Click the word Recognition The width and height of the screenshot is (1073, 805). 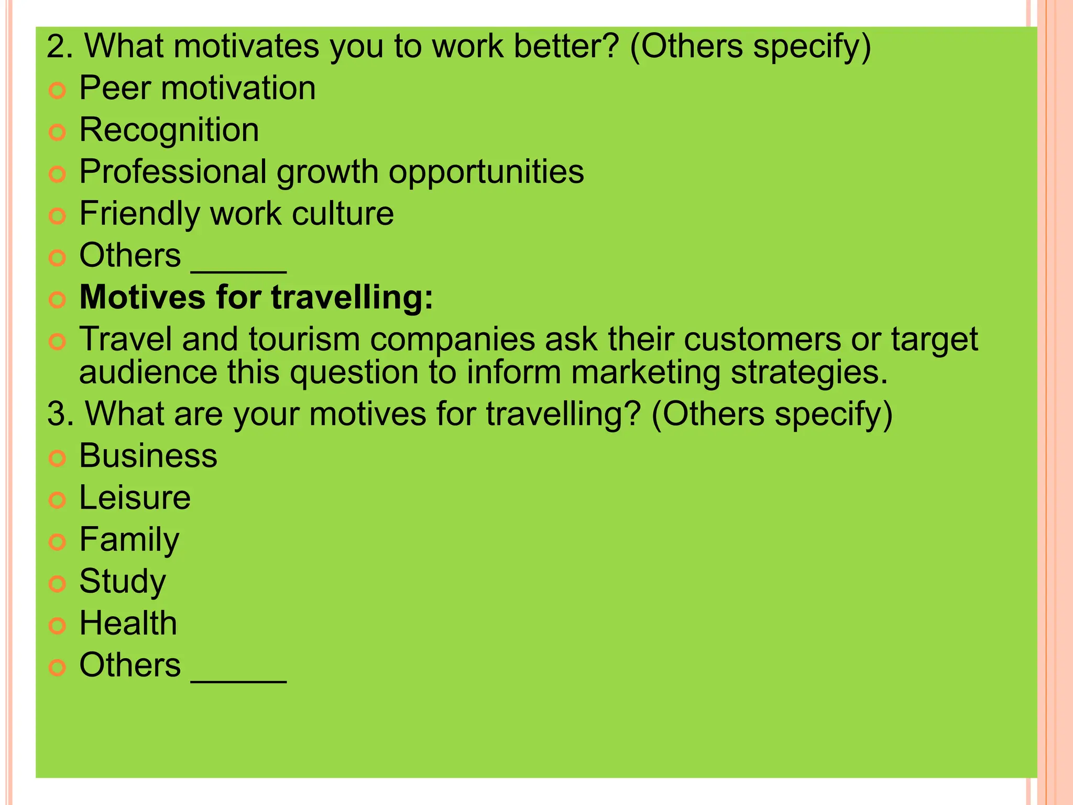[x=169, y=130]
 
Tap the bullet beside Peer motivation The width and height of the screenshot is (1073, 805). [x=57, y=91]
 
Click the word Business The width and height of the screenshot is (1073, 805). [x=148, y=455]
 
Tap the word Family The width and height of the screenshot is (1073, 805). [x=129, y=540]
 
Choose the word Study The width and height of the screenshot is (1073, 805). [x=123, y=582]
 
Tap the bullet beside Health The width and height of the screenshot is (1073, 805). [x=57, y=625]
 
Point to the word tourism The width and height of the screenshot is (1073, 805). [x=304, y=340]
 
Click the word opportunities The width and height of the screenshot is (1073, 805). [x=486, y=172]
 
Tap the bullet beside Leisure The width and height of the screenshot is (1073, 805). [x=57, y=499]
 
